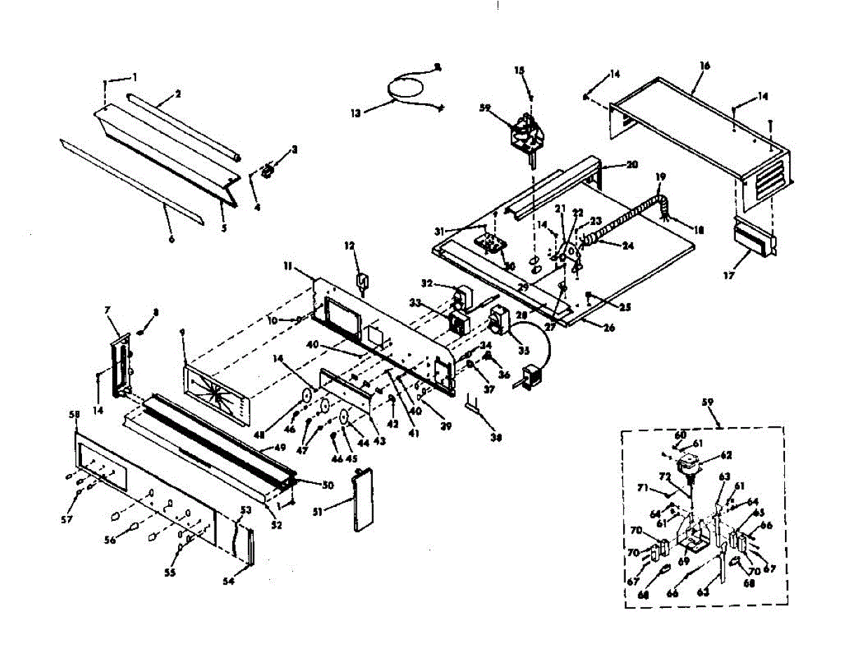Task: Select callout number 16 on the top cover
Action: (x=705, y=66)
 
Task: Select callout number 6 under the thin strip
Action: (x=170, y=239)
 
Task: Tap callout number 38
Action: (x=496, y=438)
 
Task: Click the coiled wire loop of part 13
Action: (x=406, y=86)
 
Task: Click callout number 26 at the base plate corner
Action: (x=609, y=327)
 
